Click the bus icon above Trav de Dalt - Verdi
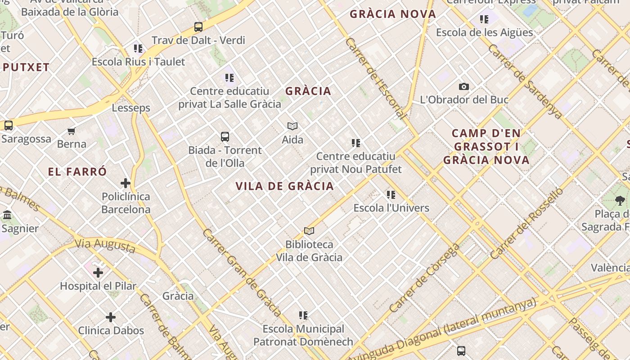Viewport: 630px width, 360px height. click(x=198, y=27)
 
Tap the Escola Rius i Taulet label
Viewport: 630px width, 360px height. click(x=138, y=62)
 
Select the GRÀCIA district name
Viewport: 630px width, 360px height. click(x=308, y=91)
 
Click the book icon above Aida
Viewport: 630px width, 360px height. click(x=292, y=126)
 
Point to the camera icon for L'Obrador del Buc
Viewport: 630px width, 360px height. click(x=464, y=86)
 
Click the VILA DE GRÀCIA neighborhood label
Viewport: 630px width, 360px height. click(x=284, y=186)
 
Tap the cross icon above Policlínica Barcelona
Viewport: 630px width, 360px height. click(x=126, y=183)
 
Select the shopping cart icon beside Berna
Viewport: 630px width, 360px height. click(x=72, y=131)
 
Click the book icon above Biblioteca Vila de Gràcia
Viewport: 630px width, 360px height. click(x=309, y=231)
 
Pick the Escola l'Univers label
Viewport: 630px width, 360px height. click(x=391, y=208)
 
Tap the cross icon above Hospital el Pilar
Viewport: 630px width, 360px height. click(x=98, y=272)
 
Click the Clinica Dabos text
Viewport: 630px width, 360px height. click(x=111, y=330)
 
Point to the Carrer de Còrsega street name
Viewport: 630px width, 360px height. click(x=425, y=278)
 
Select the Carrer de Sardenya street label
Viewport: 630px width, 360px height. click(x=525, y=81)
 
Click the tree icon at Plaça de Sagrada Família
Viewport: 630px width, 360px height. click(x=620, y=201)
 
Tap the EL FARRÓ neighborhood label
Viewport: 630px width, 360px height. click(x=77, y=171)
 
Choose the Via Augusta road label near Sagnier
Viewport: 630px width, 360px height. click(x=105, y=246)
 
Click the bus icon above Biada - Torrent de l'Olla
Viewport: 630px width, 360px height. click(x=225, y=137)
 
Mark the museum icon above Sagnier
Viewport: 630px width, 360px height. click(x=7, y=215)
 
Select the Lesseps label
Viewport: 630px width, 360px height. click(x=131, y=108)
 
